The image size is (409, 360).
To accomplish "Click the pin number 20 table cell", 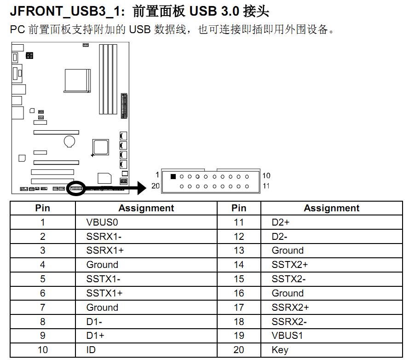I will click(x=239, y=350).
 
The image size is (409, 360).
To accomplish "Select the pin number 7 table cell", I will click(x=43, y=308).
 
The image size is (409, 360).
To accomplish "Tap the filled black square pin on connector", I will click(x=173, y=176).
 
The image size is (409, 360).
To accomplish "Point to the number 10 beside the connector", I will click(x=266, y=175).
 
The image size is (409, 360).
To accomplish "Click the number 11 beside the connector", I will click(x=266, y=186).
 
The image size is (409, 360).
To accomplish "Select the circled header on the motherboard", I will click(x=76, y=189).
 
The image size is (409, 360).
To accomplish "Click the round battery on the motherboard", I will click(x=69, y=141).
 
